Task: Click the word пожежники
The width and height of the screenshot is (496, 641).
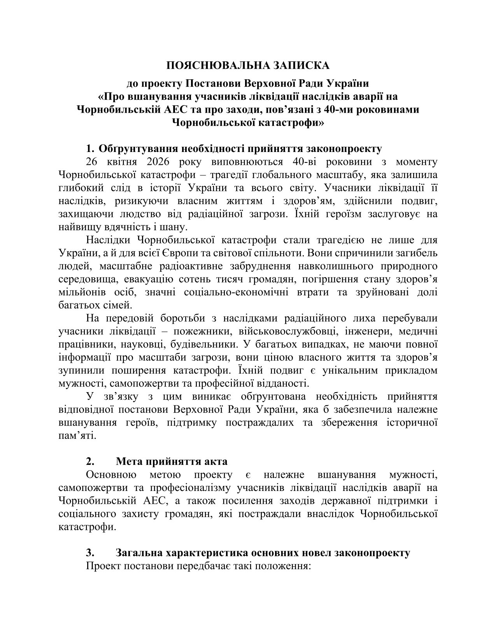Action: click(198, 332)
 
